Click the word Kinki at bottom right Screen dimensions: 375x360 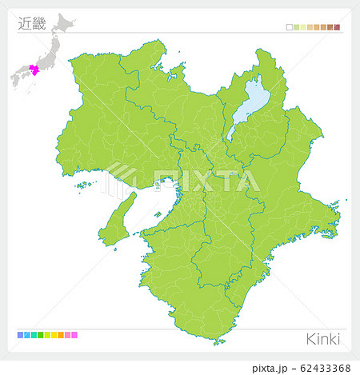point(323,339)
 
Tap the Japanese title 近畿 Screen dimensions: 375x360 point(31,23)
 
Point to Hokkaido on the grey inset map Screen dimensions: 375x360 point(61,19)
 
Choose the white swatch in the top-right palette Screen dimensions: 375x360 point(289,27)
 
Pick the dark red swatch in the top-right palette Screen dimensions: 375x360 point(338,27)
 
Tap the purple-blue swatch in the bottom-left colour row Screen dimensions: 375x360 point(19,334)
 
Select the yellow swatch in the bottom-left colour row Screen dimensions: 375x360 point(54,334)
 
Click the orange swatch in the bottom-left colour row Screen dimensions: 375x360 point(61,334)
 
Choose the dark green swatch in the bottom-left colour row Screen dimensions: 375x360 point(40,334)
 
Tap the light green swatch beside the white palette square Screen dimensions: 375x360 point(296,27)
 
